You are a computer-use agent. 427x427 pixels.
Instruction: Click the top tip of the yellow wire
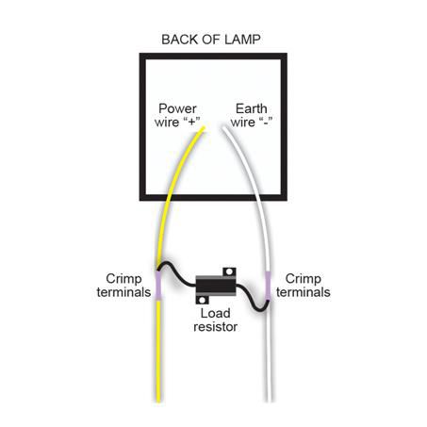(x=203, y=131)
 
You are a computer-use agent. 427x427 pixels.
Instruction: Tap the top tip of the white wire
(x=222, y=129)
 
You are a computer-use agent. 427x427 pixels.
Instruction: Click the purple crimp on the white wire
(x=270, y=281)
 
